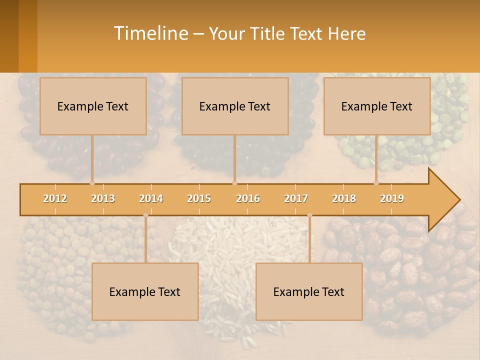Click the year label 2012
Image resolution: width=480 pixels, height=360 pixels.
[55, 198]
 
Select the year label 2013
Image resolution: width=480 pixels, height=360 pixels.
[103, 198]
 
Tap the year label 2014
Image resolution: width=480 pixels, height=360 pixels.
[151, 198]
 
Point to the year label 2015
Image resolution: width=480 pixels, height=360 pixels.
[199, 198]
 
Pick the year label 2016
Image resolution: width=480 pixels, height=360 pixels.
[248, 198]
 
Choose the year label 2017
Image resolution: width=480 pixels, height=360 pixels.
[296, 198]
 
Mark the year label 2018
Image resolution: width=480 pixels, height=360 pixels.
[344, 198]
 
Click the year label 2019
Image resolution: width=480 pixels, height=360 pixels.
[392, 198]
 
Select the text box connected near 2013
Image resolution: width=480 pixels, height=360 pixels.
[93, 106]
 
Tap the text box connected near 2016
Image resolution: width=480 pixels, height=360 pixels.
[235, 106]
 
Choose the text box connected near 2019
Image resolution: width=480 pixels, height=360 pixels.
[377, 106]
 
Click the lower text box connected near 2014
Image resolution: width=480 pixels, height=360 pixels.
[145, 291]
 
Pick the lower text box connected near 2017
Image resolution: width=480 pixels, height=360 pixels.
[309, 291]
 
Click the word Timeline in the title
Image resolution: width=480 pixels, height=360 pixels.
[150, 33]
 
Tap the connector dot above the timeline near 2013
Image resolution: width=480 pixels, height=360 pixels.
[92, 183]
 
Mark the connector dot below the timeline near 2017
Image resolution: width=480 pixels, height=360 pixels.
[309, 215]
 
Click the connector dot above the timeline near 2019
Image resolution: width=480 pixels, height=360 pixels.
[376, 183]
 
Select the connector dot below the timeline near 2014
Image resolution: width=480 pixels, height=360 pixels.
[145, 215]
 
